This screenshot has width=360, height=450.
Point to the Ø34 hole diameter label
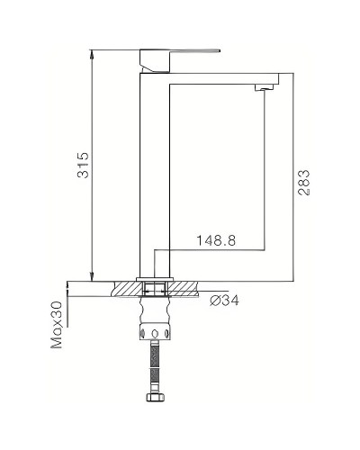pos(224,300)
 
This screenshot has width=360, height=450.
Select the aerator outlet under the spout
pos(264,87)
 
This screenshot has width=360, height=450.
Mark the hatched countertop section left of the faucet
pos(126,289)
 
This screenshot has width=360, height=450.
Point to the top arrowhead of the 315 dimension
pos(93,51)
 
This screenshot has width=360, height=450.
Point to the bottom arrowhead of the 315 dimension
pos(93,275)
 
